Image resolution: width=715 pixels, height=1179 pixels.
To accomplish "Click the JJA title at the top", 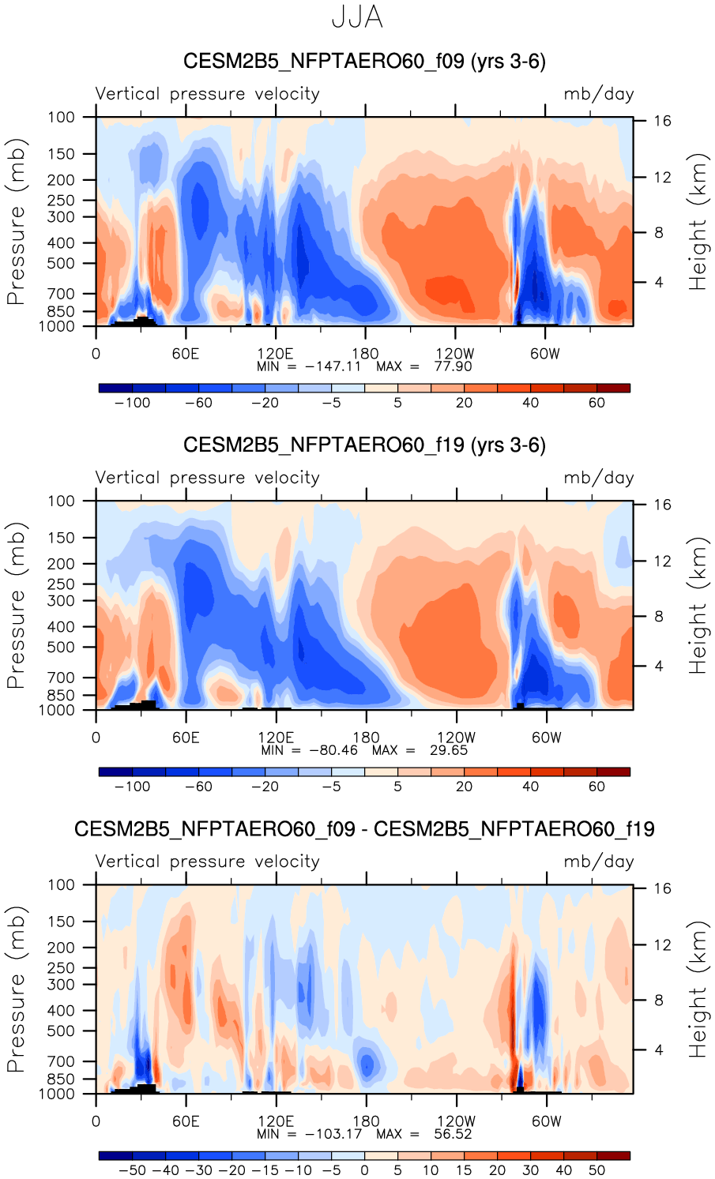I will tap(357, 17).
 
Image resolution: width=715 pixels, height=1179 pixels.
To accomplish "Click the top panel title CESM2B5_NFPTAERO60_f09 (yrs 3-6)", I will tap(364, 62).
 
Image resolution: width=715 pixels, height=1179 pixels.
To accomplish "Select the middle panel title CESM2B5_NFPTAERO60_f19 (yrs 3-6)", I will tap(364, 445).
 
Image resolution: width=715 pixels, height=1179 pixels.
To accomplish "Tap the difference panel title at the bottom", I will tap(364, 829).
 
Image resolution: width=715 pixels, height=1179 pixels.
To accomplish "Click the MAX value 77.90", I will tap(453, 366).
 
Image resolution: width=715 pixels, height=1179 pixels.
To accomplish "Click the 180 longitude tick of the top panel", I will tap(366, 354).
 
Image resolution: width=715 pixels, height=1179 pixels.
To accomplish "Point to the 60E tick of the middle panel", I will tap(186, 738).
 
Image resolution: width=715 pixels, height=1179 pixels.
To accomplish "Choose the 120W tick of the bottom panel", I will tap(456, 1121).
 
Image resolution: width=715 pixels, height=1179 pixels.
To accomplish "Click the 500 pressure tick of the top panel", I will tap(61, 263).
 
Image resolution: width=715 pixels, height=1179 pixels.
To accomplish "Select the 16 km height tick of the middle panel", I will tap(662, 505).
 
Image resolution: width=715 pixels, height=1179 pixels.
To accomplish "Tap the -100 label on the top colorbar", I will tap(132, 403).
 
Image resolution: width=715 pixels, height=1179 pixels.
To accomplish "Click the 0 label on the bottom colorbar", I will tap(364, 1170).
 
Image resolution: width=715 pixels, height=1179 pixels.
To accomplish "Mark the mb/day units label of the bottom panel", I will tap(598, 862).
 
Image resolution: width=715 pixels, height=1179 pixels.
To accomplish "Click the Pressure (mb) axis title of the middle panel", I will tap(16, 606).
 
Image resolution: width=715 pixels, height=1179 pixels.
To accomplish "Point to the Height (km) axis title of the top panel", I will tap(698, 222).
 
